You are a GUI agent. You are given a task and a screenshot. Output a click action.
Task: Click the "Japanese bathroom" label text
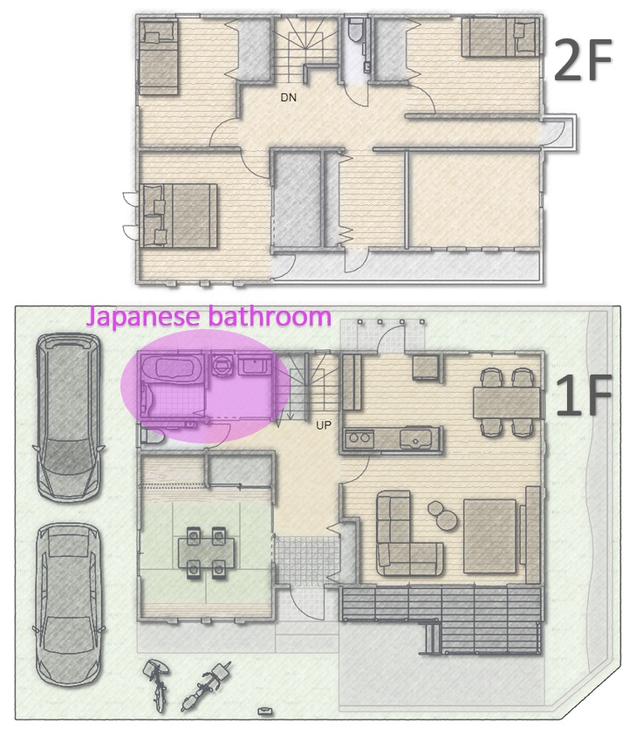[209, 317]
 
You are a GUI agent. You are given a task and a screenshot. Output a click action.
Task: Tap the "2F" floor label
[583, 59]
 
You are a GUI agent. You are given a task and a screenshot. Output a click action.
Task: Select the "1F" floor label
[584, 395]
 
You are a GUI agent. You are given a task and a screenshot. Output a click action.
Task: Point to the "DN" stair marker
[289, 98]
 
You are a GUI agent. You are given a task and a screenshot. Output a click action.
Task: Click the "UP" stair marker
[323, 425]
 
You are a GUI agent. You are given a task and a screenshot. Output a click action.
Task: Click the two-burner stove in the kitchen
[359, 439]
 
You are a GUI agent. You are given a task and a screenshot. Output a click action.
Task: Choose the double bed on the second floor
[178, 216]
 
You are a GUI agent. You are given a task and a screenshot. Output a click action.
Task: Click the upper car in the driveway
[67, 416]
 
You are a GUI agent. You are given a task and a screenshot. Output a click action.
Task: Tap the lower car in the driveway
[68, 604]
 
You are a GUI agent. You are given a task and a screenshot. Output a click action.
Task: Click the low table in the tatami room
[206, 553]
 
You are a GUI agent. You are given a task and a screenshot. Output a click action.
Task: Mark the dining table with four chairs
[507, 402]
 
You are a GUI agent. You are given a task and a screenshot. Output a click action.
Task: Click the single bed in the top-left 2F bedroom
[158, 58]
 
